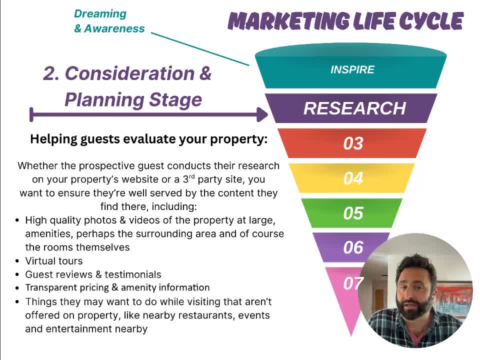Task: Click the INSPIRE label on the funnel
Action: click(x=352, y=69)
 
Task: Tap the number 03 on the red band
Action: click(x=353, y=143)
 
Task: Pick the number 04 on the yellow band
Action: click(x=353, y=178)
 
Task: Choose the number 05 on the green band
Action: click(x=353, y=213)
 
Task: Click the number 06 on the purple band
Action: click(x=353, y=247)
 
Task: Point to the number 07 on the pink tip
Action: click(x=352, y=283)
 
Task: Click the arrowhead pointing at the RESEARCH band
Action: click(x=262, y=114)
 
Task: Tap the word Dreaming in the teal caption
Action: click(x=100, y=14)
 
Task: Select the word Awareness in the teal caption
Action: click(x=114, y=28)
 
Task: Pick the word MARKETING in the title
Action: click(x=288, y=21)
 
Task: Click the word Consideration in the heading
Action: click(x=130, y=73)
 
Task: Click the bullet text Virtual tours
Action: click(x=54, y=261)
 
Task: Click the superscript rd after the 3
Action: click(x=191, y=176)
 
